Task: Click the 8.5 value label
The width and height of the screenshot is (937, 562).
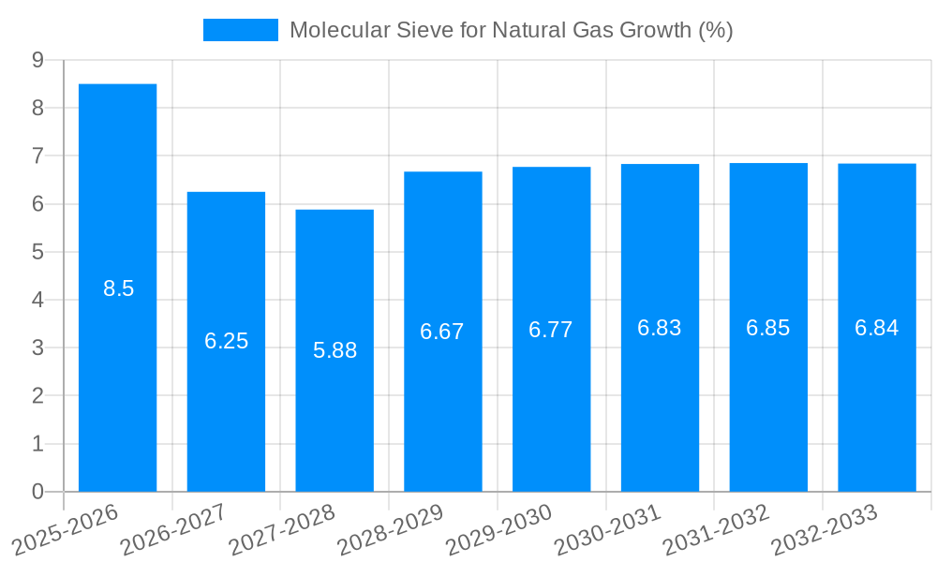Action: point(119,288)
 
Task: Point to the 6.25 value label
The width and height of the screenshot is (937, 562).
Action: point(227,341)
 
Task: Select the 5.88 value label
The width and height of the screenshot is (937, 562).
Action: point(335,350)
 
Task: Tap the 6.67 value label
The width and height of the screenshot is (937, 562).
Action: point(442,332)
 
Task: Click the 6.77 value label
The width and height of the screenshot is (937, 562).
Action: point(551,330)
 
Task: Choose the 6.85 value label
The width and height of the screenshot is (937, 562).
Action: point(768,328)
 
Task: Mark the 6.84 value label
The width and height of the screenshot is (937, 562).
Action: point(877,328)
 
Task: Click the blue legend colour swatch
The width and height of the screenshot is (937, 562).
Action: point(241,30)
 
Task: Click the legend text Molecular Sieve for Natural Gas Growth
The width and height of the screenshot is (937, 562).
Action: point(511,30)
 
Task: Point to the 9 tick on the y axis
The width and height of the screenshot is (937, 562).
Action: point(37,60)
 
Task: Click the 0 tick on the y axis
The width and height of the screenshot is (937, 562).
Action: point(37,492)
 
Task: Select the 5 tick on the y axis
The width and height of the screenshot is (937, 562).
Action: point(37,252)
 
